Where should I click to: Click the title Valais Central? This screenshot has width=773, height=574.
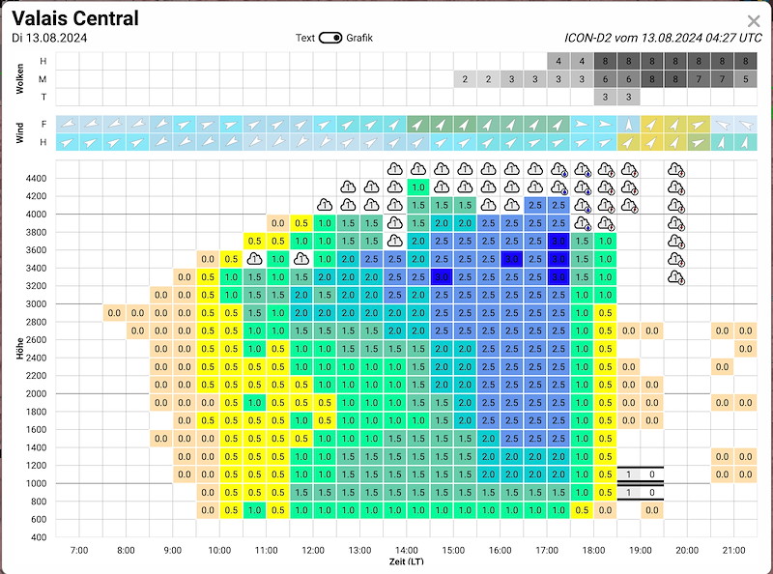pos(75,18)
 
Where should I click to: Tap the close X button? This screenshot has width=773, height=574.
pos(754,20)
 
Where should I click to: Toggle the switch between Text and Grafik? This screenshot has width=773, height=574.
pos(330,38)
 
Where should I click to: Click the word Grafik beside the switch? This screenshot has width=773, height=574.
pos(359,38)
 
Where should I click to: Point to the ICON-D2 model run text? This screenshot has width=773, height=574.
pos(663,38)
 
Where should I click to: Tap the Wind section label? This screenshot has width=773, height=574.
pos(20,133)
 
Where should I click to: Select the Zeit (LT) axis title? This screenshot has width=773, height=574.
pos(406,560)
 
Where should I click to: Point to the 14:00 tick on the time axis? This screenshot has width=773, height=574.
pos(406,550)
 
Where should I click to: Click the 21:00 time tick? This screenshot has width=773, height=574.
pos(733,550)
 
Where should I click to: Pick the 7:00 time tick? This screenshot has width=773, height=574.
pos(79,550)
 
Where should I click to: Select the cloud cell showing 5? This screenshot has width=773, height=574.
pos(745,79)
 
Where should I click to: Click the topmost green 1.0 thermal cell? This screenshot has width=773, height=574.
pos(418,187)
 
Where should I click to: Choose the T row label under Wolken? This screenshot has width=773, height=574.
pos(43,97)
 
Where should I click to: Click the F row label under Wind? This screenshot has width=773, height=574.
pos(43,124)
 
